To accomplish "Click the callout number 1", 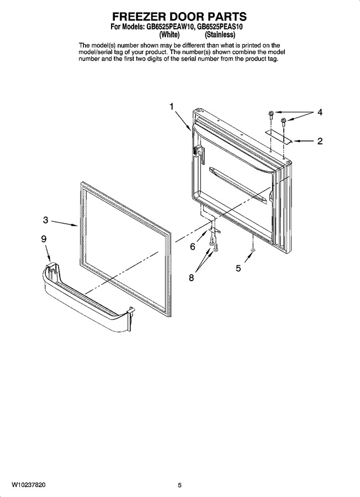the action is (172, 107).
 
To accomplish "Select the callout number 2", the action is (320, 141).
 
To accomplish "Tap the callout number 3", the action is (46, 220).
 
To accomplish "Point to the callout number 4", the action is (320, 112).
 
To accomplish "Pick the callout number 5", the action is (239, 268).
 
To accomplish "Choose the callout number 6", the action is (193, 246).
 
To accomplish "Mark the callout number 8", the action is (192, 278).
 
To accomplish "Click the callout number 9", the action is (44, 239).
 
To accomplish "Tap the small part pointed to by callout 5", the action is (252, 250).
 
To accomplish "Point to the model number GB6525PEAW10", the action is (170, 27).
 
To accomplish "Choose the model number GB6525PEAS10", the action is (220, 27).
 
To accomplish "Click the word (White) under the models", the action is (170, 34).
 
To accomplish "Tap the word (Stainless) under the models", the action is (220, 34).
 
